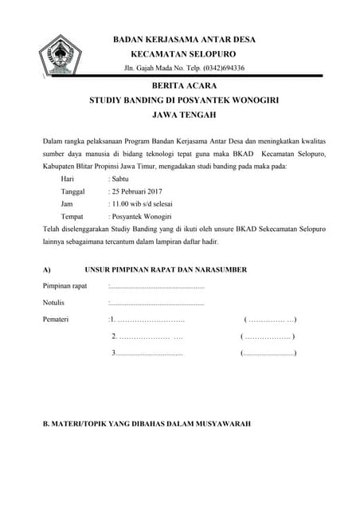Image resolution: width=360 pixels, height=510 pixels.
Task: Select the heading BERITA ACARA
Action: [183, 86]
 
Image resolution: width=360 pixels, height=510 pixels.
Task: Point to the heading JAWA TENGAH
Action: [183, 116]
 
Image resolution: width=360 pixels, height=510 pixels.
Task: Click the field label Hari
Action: [68, 179]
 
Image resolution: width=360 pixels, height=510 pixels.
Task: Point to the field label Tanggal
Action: [73, 192]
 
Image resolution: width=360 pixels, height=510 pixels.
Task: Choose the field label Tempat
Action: [72, 216]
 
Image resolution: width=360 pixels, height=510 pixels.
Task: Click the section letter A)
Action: [47, 270]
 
